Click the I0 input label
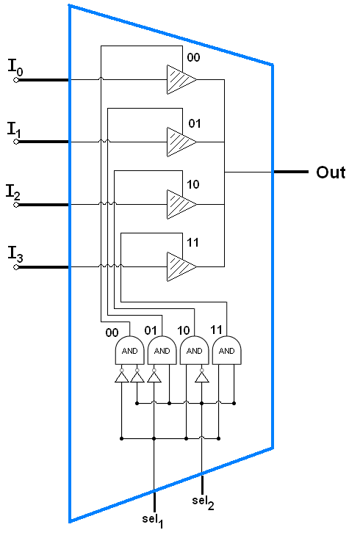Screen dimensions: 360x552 click(x=15, y=68)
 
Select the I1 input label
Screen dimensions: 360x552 click(x=15, y=129)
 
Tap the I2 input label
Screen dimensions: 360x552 click(x=13, y=192)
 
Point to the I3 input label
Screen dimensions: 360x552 click(x=15, y=254)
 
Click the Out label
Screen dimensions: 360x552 click(x=331, y=172)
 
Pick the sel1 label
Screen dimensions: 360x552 click(x=153, y=520)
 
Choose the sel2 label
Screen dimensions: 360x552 click(x=203, y=502)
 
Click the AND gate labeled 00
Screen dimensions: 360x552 click(x=129, y=350)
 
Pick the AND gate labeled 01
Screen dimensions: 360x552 click(x=162, y=350)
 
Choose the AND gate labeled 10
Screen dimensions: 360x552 click(x=195, y=350)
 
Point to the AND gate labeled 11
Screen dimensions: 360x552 click(x=227, y=350)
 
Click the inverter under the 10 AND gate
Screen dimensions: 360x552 click(x=202, y=376)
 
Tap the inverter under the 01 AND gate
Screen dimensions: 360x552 click(x=154, y=376)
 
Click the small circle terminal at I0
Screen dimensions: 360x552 click(x=16, y=80)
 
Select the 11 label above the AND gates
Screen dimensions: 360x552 click(x=216, y=330)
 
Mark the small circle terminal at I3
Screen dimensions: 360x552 click(x=16, y=267)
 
